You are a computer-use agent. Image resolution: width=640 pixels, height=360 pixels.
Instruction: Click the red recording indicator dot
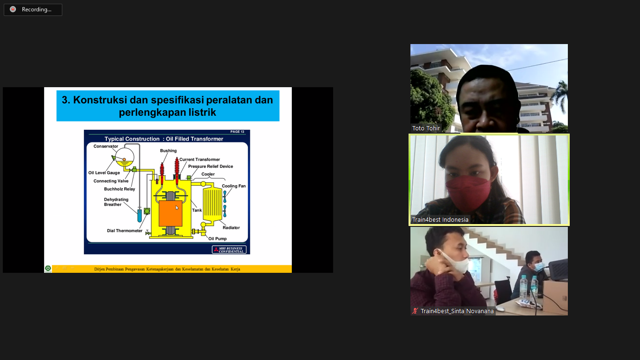pos(13,9)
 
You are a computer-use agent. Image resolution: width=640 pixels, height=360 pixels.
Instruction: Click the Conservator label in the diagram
pos(106,146)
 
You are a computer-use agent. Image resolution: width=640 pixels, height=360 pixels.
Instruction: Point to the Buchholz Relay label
pos(119,189)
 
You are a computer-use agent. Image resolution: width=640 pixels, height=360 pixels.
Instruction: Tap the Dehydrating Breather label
pos(116,202)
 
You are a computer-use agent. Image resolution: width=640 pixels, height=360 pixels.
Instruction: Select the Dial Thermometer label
pos(125,231)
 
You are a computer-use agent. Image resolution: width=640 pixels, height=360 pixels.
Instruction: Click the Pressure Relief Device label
pos(210,166)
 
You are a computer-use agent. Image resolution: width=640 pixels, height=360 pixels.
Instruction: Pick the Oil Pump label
pos(217,239)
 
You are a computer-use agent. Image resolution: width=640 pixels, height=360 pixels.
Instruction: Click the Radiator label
pos(231,228)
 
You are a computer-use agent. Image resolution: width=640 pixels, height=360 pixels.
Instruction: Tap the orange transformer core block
pos(171,213)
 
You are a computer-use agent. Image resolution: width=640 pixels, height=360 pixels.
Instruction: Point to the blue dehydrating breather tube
pos(140,216)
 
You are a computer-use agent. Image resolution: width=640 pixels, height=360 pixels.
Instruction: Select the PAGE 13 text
pos(237,132)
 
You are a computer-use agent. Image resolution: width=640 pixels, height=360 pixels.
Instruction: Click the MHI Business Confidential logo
pos(229,250)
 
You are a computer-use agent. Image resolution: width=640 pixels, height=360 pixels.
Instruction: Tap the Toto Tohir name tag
pos(426,128)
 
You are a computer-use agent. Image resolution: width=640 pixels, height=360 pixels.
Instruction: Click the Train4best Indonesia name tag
pos(440,219)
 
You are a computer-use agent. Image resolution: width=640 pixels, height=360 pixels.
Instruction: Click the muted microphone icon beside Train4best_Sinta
pos(415,311)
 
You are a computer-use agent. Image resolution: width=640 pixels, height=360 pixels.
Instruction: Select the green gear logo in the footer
pos(48,269)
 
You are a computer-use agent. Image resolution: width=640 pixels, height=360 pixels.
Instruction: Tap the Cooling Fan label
pos(234,186)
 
